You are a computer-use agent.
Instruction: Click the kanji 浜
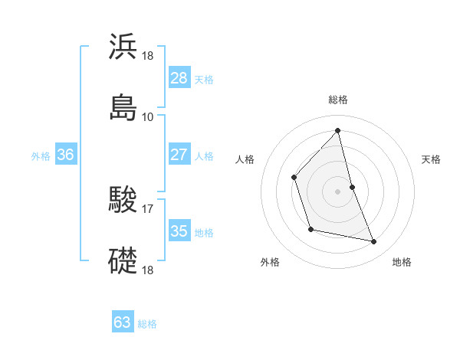coord(123,47)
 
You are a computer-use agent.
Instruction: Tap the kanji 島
coord(123,107)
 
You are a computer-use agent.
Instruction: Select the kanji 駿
coord(123,200)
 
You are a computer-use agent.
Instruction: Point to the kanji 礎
coord(123,260)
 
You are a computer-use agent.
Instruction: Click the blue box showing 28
coord(179,77)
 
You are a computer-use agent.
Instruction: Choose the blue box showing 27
coord(179,154)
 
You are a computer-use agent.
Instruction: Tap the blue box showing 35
coord(179,231)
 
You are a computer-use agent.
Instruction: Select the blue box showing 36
coord(66,154)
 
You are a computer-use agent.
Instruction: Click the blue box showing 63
coord(123,322)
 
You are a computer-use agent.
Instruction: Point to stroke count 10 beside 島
coord(148,117)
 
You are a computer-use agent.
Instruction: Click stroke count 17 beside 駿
coord(148,209)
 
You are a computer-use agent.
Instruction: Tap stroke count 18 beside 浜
coord(148,56)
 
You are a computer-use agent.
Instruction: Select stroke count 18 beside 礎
coord(148,270)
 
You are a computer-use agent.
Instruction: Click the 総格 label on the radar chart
coord(338,100)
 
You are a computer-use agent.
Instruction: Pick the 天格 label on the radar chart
coord(432,159)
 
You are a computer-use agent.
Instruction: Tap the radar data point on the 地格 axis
coord(374,242)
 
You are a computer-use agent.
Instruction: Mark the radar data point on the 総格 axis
coord(338,130)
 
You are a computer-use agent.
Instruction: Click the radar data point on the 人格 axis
coord(294,178)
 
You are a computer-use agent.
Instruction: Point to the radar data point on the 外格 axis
coord(310,229)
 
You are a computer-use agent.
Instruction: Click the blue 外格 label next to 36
coord(41,155)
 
